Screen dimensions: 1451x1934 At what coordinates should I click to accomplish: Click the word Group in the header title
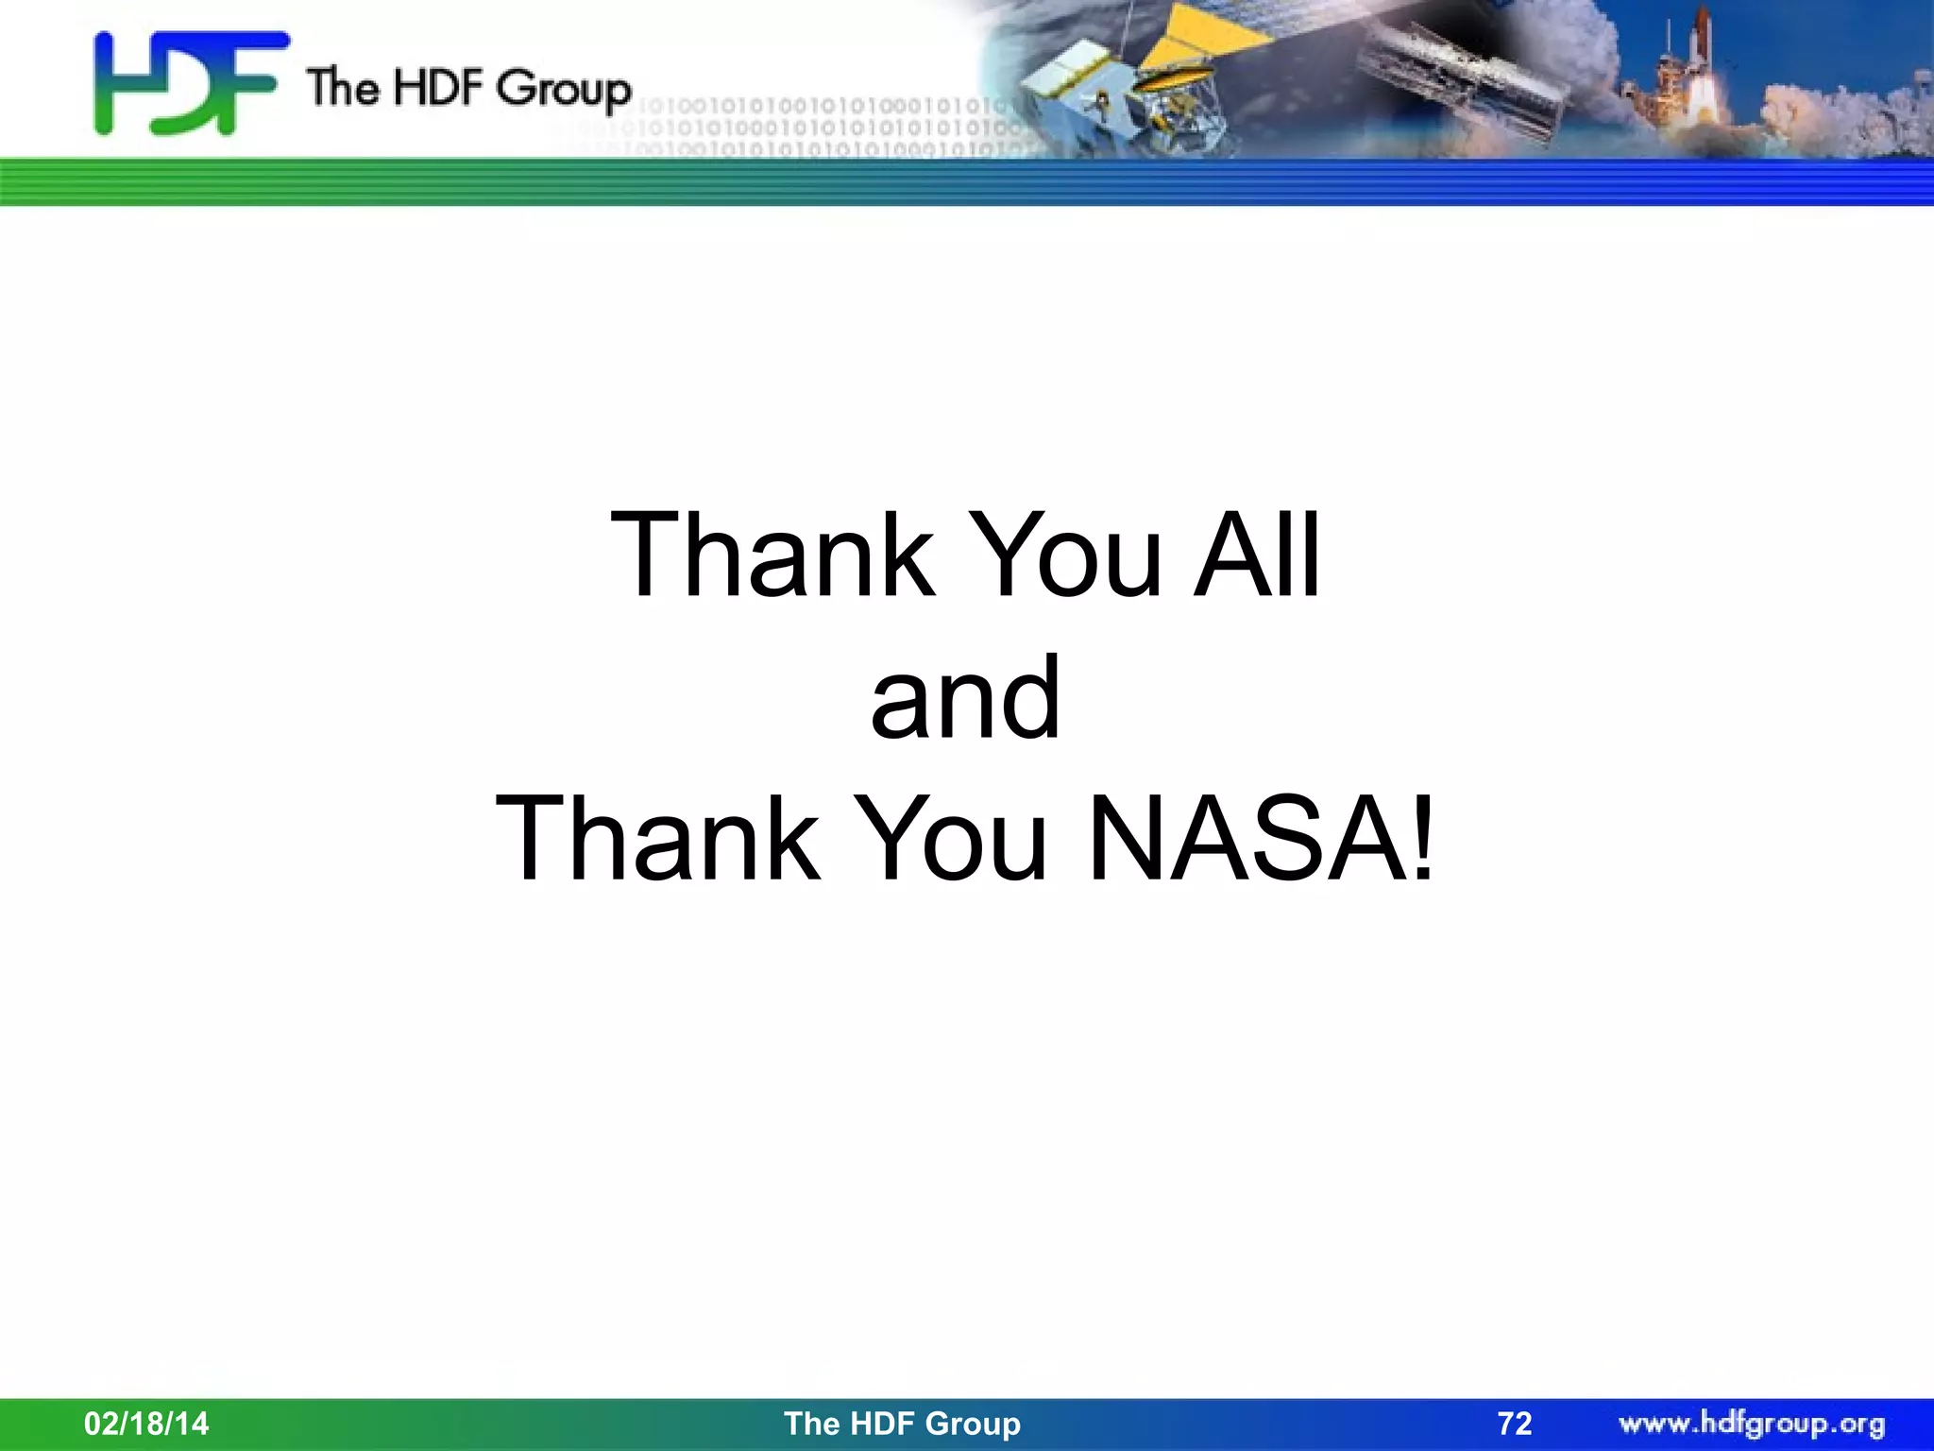[x=564, y=91]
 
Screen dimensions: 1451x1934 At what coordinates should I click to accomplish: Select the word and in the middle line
[x=965, y=698]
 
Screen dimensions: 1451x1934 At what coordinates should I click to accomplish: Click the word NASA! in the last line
[x=1262, y=840]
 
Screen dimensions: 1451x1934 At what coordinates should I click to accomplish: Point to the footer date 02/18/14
[x=146, y=1424]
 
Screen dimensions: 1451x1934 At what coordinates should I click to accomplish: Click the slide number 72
[x=1515, y=1424]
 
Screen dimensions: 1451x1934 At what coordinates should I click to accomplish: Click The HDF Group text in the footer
[x=902, y=1424]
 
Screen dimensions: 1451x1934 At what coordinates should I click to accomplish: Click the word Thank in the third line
[x=657, y=840]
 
